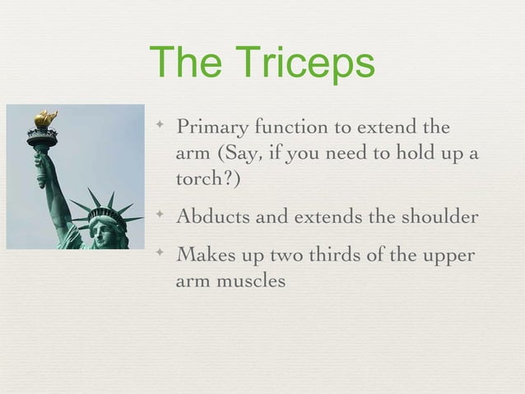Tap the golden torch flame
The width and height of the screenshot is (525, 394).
point(45,118)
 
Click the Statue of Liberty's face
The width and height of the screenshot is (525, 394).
point(104,231)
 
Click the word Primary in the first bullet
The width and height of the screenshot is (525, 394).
point(213,129)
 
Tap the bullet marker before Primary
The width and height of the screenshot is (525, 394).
point(161,127)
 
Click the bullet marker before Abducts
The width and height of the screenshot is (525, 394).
point(161,216)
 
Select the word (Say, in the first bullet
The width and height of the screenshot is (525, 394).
point(235,155)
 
